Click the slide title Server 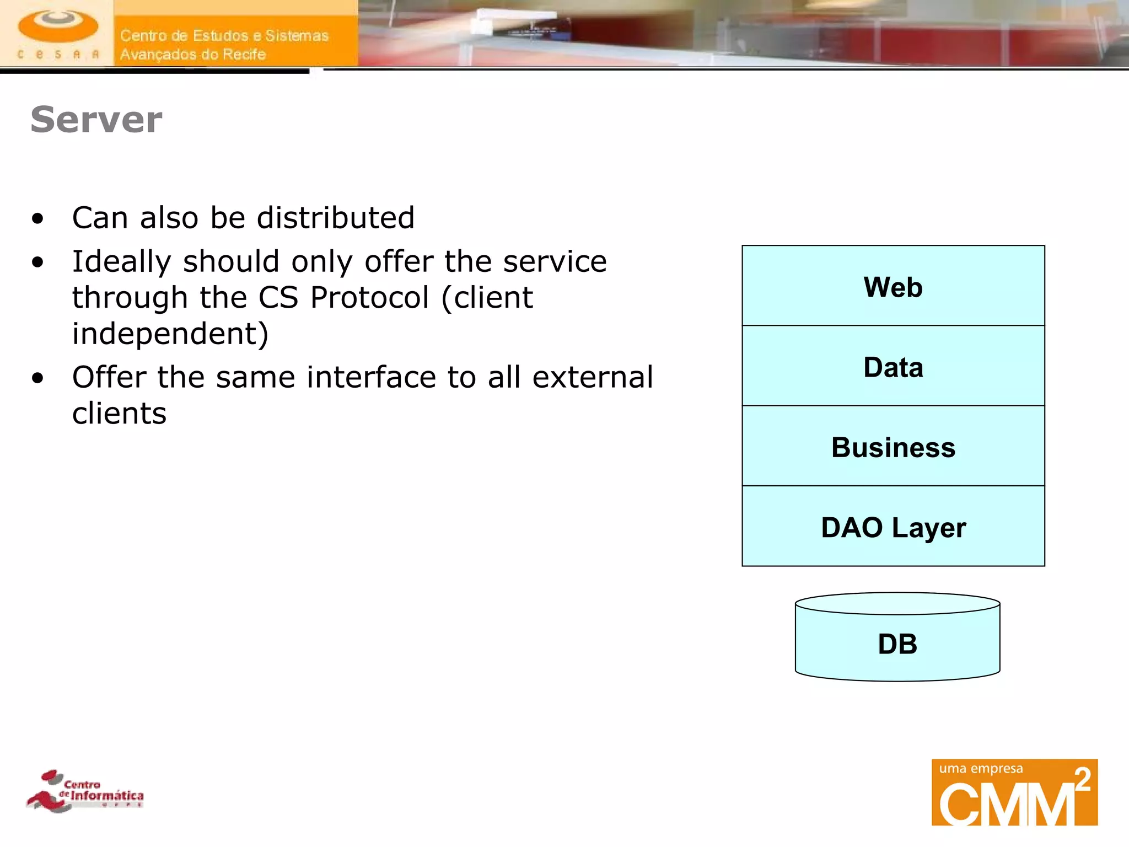coord(96,120)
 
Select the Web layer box coord(893,286)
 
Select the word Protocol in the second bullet coord(369,298)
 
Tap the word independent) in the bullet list coord(170,334)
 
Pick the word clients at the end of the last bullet coord(119,414)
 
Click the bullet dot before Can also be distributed coord(37,219)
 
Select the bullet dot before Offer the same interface coord(37,379)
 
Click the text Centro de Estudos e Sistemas coord(224,36)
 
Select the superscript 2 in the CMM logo coord(1083,780)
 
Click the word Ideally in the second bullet coord(121,262)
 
